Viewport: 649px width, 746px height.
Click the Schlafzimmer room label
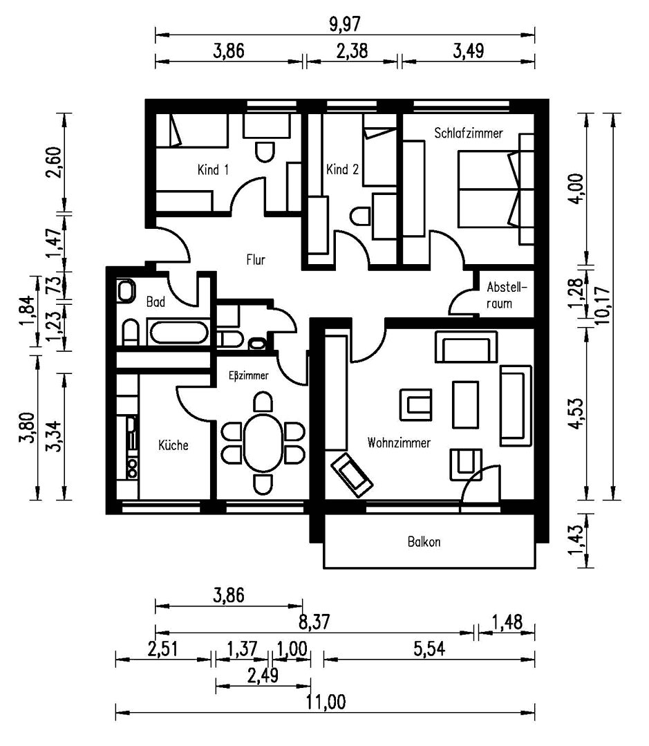click(x=469, y=133)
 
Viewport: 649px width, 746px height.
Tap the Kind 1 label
click(x=213, y=169)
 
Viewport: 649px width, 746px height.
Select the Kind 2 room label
click(x=342, y=169)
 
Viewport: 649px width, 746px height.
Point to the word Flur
click(x=256, y=260)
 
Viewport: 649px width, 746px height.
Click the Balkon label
click(x=424, y=542)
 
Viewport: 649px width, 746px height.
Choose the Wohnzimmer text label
click(x=399, y=442)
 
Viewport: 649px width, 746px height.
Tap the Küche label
click(x=173, y=445)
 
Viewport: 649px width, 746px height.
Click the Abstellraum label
click(x=507, y=295)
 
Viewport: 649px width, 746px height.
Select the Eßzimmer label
click(x=248, y=376)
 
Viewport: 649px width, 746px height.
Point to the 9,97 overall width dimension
click(x=344, y=24)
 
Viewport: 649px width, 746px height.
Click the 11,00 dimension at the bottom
click(x=325, y=702)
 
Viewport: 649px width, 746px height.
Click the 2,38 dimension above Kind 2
click(x=351, y=52)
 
